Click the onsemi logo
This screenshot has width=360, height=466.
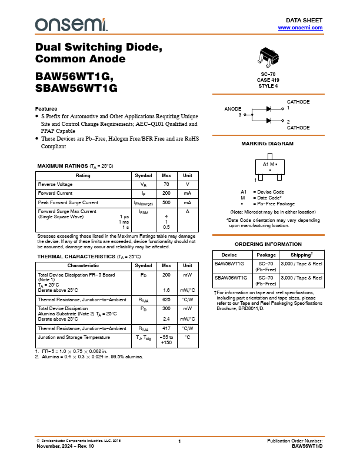71,24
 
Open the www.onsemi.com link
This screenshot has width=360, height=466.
300,28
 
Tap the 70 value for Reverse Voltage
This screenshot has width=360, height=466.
166,185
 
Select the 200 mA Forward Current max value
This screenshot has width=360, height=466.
166,193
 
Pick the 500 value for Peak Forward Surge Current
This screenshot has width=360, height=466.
166,202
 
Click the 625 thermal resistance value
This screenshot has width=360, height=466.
166,300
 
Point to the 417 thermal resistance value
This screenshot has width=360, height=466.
166,328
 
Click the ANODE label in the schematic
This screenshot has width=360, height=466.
233,109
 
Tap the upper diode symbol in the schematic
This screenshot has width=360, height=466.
269,109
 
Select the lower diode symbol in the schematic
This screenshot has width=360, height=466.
269,121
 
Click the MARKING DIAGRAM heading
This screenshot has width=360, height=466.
268,144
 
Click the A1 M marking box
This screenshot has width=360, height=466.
269,167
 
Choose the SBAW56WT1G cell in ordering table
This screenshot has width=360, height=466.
231,277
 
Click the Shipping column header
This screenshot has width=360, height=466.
301,255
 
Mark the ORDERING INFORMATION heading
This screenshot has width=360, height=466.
268,244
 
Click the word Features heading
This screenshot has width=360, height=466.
46,109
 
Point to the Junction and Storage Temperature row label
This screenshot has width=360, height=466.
74,338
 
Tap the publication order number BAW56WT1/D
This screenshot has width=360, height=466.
307,446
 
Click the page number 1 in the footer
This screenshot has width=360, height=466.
179,441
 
